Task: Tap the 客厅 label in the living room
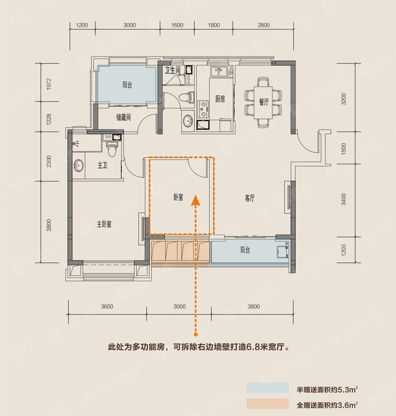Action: pyautogui.click(x=249, y=198)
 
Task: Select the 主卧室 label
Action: pyautogui.click(x=106, y=224)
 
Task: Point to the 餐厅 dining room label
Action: pyautogui.click(x=264, y=103)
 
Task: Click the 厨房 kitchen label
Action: pyautogui.click(x=219, y=99)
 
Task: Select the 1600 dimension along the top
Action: pyautogui.click(x=177, y=25)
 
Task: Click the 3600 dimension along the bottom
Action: pyautogui.click(x=107, y=307)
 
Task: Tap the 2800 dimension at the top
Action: pyautogui.click(x=264, y=25)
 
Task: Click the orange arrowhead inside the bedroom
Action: pyautogui.click(x=194, y=201)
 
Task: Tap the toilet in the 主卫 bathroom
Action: pyautogui.click(x=111, y=143)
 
